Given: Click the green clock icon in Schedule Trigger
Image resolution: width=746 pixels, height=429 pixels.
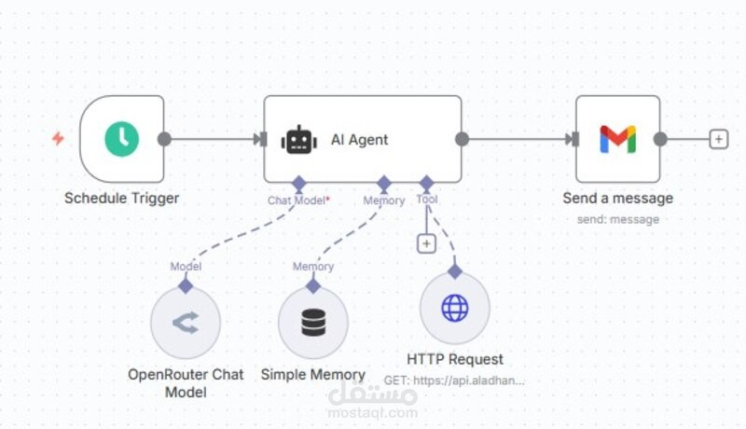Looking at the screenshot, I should (121, 139).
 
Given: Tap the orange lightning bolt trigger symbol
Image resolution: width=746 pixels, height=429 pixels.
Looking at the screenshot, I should (58, 139).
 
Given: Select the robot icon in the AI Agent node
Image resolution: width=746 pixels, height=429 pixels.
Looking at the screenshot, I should (299, 140).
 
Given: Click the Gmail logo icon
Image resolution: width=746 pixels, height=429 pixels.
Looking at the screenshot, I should (617, 139).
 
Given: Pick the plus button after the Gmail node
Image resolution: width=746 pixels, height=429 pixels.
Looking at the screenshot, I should (717, 139).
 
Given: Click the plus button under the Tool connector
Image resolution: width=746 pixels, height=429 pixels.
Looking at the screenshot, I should (426, 243).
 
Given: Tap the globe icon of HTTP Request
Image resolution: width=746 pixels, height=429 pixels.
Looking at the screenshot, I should (455, 309).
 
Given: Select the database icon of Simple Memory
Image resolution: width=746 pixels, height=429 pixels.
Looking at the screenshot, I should (313, 323).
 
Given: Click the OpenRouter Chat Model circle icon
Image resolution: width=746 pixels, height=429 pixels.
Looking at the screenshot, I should (186, 323).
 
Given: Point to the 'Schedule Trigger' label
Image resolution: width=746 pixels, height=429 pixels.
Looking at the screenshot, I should (121, 198).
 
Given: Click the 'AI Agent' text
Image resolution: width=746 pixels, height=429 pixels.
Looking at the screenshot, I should (359, 140).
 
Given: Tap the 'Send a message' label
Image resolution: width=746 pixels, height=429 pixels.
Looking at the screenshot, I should (617, 198).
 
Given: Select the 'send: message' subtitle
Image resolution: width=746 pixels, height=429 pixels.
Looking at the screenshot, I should (617, 219).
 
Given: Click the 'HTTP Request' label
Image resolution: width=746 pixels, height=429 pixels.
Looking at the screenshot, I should (455, 359).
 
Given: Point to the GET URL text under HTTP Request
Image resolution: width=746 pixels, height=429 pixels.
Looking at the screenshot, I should (455, 381).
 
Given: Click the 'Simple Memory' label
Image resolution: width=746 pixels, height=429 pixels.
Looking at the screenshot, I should (313, 374).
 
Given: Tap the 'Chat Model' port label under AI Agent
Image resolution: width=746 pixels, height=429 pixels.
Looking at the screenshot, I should (297, 201).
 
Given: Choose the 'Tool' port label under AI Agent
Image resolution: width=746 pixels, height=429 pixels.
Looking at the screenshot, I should (427, 200).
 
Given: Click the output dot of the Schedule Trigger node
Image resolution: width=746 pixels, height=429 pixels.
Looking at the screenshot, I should (164, 139).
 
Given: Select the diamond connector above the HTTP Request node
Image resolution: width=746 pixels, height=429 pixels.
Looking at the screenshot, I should (455, 271).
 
